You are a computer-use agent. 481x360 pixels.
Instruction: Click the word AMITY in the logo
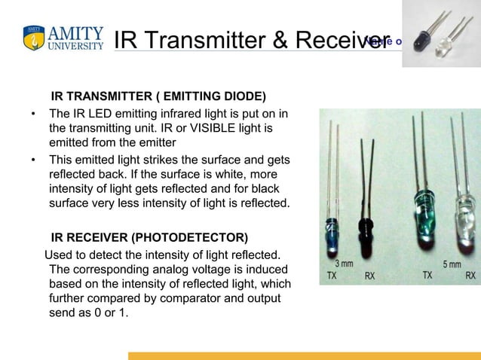[x=75, y=33]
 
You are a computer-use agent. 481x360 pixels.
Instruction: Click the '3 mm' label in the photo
[x=344, y=264]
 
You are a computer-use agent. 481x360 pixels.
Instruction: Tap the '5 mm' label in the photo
[x=454, y=264]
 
